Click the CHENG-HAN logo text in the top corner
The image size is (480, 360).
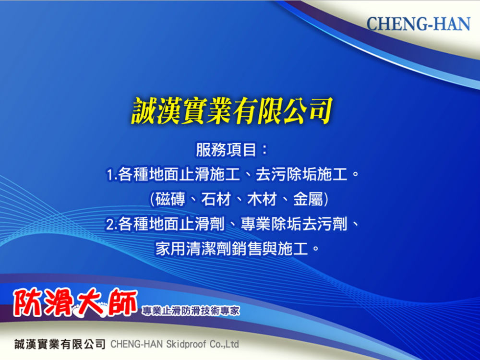[x=418, y=24]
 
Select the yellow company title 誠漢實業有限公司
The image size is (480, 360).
[x=232, y=111]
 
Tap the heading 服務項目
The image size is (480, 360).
[x=226, y=150]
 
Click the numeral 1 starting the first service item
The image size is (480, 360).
[x=109, y=175]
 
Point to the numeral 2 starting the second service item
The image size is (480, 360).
[x=110, y=225]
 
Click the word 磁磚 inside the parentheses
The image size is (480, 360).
[x=170, y=199]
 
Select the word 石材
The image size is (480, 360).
[x=216, y=199]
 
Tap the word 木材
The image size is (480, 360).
[x=262, y=199]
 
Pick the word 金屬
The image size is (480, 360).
[x=308, y=199]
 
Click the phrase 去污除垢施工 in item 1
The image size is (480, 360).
[x=301, y=175]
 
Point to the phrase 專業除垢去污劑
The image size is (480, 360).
[x=294, y=224]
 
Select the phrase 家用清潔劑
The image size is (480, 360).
[x=193, y=249]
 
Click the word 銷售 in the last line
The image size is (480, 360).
[x=247, y=249]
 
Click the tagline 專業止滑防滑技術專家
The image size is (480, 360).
[x=191, y=311]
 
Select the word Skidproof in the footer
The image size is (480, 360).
[x=186, y=344]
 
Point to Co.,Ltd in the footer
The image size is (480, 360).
[x=224, y=344]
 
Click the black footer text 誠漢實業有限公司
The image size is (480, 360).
[x=60, y=344]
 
